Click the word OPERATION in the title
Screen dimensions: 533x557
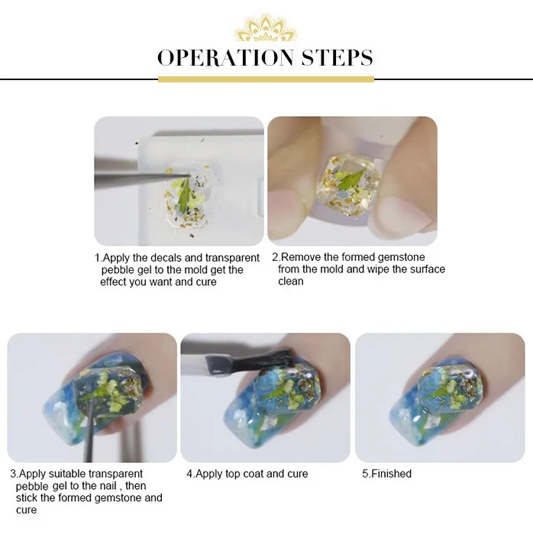coord(225,58)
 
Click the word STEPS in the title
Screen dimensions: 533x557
coord(337,58)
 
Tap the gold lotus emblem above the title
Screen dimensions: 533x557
coord(265,27)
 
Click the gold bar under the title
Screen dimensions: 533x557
coord(266,79)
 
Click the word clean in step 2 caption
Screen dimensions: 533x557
coord(290,282)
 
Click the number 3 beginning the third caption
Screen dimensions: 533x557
coord(13,474)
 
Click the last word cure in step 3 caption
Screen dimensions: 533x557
coord(26,510)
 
